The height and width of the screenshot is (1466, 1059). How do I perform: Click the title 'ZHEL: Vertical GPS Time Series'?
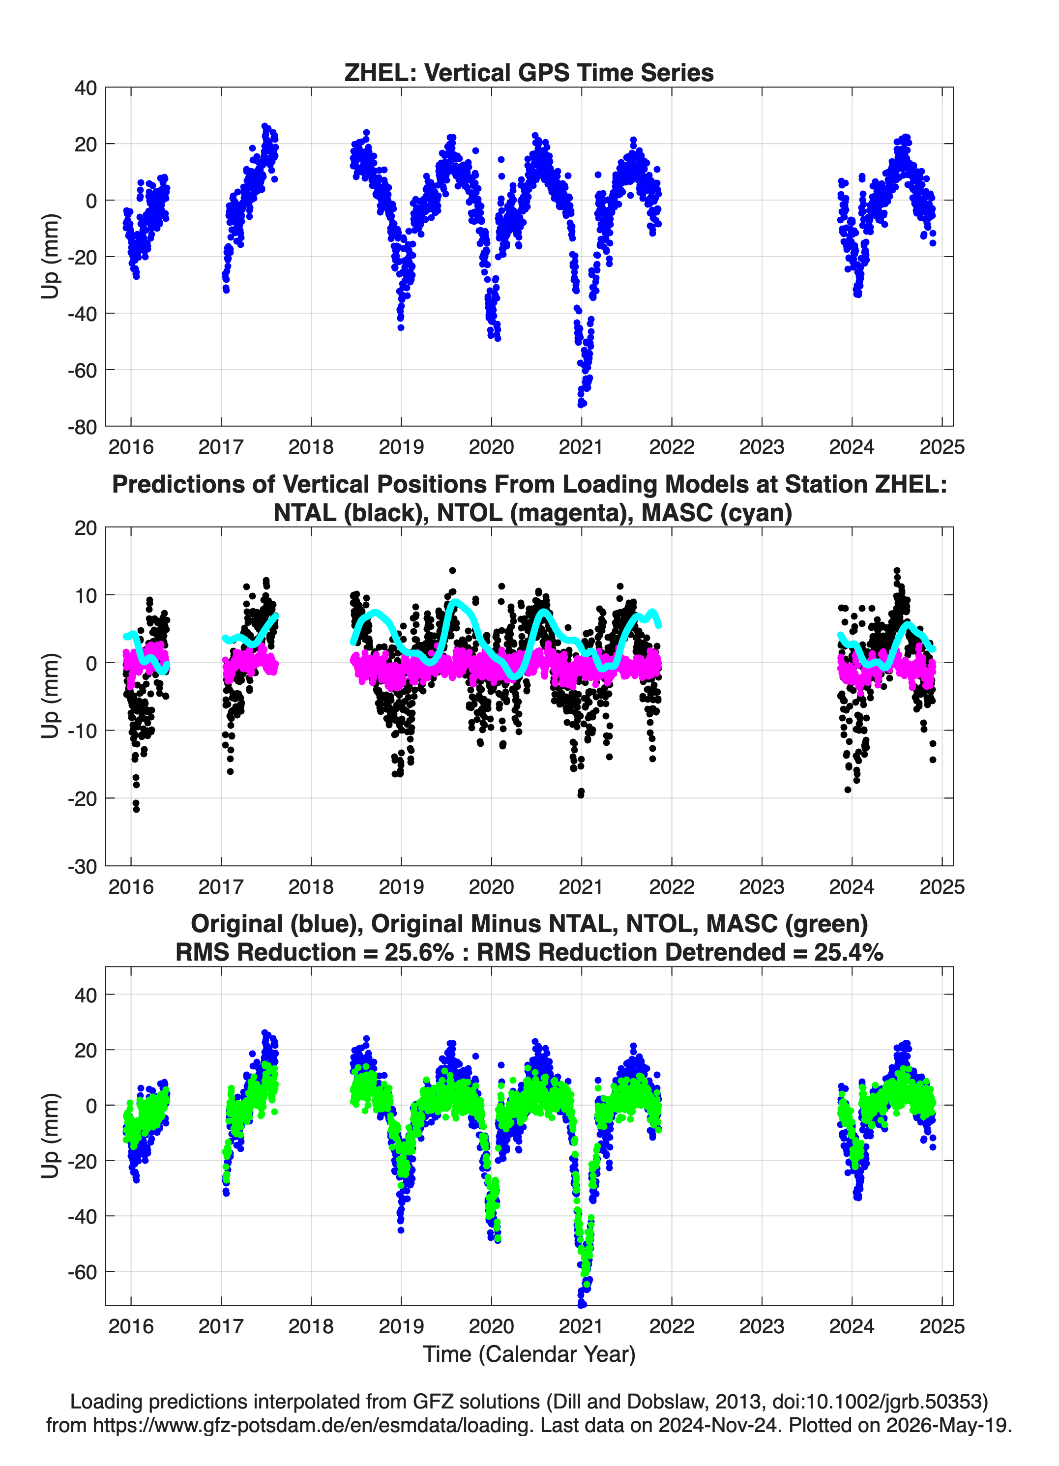tap(529, 72)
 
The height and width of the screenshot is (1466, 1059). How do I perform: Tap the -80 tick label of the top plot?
tap(82, 427)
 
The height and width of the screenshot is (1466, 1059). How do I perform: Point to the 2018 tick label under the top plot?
tap(311, 447)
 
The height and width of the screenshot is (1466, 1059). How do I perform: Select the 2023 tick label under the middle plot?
tap(762, 887)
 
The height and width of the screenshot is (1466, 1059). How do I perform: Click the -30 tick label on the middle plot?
tap(82, 867)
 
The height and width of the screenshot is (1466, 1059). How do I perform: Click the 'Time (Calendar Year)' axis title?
tap(529, 1353)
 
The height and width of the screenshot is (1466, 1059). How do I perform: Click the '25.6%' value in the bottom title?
tap(419, 952)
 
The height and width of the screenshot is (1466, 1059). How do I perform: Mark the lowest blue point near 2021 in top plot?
tap(582, 405)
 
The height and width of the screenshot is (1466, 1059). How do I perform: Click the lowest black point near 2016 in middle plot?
tap(136, 809)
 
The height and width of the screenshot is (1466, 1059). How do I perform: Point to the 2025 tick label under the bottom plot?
tap(942, 1326)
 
